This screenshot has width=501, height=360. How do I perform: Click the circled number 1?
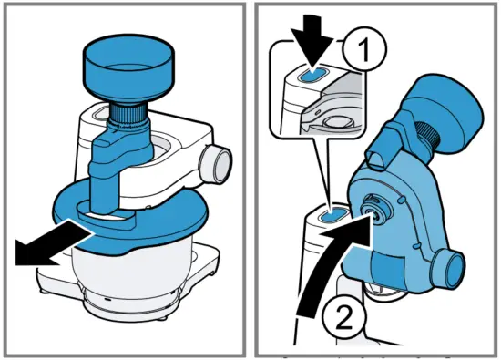[365, 49]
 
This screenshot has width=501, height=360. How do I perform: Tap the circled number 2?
[343, 317]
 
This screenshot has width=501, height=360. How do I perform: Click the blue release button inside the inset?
[312, 75]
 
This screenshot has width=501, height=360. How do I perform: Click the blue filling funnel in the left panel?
[128, 67]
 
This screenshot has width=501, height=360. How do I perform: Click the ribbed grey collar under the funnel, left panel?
[129, 116]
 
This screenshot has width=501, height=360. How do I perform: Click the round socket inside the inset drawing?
[337, 123]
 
